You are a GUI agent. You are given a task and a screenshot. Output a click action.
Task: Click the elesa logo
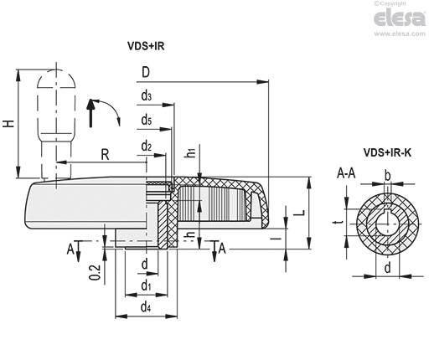(400, 18)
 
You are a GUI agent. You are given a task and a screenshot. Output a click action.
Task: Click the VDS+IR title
(146, 46)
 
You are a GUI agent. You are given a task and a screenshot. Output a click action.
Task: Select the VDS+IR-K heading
(387, 152)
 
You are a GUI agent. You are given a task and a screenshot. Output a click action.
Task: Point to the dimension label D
(146, 72)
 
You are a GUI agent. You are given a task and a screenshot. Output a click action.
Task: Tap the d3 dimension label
(147, 96)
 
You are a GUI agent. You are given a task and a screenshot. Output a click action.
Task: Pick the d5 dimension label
(147, 121)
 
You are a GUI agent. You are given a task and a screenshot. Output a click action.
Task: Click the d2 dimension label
(147, 146)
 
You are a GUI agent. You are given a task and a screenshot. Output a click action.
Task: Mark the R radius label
(105, 155)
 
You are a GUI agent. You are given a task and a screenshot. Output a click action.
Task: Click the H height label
(8, 123)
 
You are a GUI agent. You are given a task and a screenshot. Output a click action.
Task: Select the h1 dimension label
(190, 153)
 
